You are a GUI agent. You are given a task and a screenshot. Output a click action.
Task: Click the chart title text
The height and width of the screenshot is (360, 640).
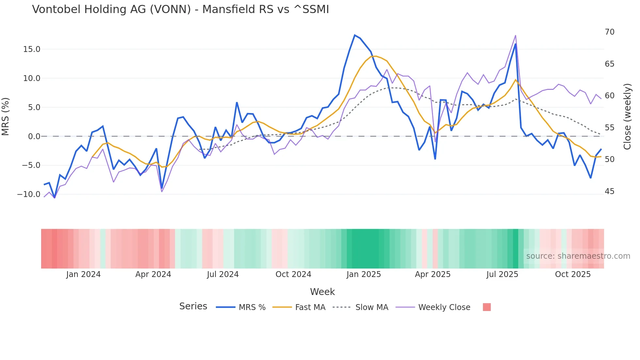(x=180, y=9)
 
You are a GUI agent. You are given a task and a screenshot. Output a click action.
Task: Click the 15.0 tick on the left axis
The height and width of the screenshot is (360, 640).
(x=32, y=49)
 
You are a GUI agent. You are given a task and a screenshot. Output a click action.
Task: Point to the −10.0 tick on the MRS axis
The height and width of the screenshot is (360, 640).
(x=29, y=194)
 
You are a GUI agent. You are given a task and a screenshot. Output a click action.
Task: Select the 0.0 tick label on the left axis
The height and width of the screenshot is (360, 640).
(x=34, y=137)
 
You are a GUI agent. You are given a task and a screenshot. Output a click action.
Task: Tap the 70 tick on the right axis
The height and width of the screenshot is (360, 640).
(x=609, y=32)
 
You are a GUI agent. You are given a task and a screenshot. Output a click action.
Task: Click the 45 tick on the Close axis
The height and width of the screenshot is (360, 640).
(x=609, y=191)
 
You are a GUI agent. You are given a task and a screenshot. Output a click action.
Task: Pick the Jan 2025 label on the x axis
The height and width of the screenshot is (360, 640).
(x=363, y=274)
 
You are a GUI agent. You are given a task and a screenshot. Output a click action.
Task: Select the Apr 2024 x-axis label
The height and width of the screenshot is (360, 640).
(x=153, y=274)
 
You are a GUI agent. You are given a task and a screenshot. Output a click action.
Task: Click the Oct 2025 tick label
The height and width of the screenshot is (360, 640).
(x=573, y=274)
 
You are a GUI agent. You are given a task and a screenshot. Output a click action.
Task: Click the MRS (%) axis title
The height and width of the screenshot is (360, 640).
(x=6, y=117)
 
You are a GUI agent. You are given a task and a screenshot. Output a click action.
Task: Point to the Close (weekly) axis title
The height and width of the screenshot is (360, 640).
(x=627, y=117)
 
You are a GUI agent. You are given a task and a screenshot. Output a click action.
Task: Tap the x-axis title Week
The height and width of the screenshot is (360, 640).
(x=322, y=292)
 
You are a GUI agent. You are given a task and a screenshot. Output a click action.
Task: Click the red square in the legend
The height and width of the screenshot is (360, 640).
(x=487, y=307)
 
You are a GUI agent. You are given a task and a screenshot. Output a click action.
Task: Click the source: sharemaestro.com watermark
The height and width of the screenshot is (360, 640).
(x=578, y=256)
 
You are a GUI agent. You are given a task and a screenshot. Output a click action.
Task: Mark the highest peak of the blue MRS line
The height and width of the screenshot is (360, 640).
(x=355, y=35)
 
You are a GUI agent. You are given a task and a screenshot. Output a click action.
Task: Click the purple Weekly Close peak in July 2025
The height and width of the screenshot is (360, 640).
(x=515, y=36)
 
